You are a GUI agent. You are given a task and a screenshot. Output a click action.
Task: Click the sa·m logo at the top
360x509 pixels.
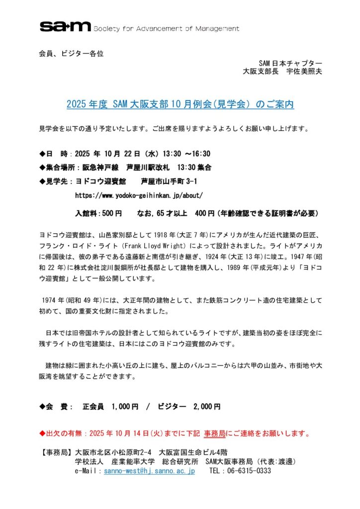[x=65, y=27]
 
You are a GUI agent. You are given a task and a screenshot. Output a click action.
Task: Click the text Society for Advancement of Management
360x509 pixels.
[x=166, y=28]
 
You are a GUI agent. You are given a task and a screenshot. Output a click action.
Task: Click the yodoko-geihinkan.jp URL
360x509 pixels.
[x=139, y=195]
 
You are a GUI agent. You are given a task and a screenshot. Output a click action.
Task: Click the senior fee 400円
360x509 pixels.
[x=205, y=214]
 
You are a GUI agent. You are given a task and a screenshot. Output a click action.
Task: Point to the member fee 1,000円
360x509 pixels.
[x=125, y=407]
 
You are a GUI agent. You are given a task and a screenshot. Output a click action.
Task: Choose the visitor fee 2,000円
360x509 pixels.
[x=206, y=407]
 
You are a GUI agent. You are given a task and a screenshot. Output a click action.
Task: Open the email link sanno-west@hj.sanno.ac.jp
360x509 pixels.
[x=149, y=471]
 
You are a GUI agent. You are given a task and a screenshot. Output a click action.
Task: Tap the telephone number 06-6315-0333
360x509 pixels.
[x=247, y=471]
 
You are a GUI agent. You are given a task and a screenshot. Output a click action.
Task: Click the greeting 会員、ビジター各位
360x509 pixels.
[x=71, y=53]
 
